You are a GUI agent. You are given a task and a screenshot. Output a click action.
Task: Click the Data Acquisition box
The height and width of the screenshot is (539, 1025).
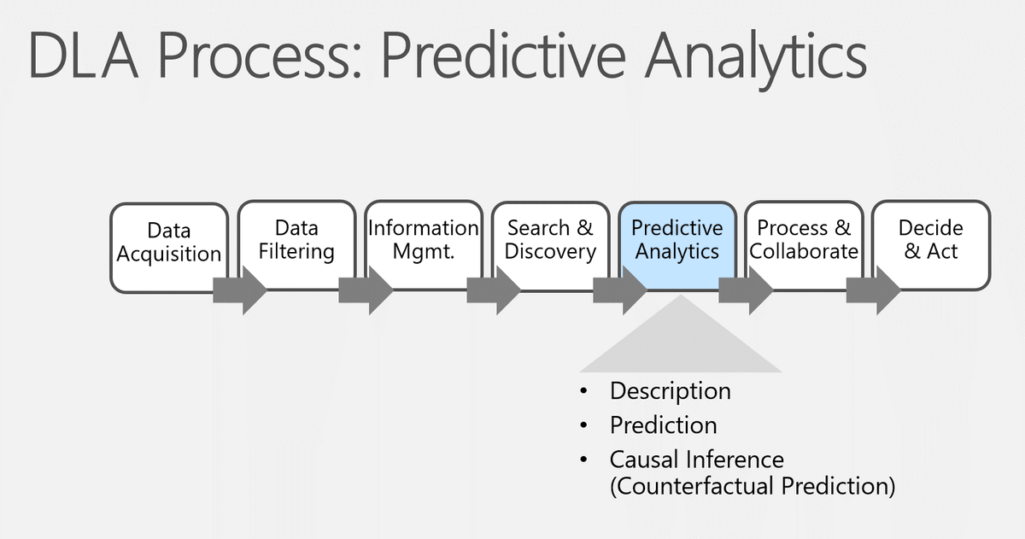coord(169,243)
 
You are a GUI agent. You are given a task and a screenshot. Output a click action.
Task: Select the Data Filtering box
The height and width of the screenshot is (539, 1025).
coord(296,240)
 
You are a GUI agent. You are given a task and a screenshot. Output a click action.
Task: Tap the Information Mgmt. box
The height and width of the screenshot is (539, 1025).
coord(423,240)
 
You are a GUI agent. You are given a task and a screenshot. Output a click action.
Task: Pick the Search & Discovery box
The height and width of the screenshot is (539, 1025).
coord(550,240)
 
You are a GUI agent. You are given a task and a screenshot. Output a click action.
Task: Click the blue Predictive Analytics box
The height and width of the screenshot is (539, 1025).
coord(677,240)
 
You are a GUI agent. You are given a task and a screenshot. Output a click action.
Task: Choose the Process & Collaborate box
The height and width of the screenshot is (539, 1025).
coord(804,240)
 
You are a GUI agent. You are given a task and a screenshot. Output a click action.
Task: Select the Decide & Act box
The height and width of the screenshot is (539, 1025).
coord(931,240)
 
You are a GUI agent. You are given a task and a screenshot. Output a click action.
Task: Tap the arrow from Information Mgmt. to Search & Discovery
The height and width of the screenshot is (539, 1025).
coord(491,290)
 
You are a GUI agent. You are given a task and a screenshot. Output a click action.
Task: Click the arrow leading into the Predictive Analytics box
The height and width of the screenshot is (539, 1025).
coord(618,290)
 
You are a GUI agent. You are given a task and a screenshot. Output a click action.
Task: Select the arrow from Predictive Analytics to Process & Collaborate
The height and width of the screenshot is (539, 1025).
coord(745,290)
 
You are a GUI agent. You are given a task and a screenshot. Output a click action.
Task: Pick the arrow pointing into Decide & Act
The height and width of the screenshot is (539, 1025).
coord(872,290)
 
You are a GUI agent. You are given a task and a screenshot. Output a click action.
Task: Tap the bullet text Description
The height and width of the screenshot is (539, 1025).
coord(670,391)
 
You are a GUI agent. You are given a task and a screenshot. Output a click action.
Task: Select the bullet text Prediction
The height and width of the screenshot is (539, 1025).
coord(663,425)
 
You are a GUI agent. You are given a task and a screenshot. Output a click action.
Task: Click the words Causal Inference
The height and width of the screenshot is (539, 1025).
coord(696,460)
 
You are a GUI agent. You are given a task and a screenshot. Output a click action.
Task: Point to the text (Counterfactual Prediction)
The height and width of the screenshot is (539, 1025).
coord(753,486)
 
